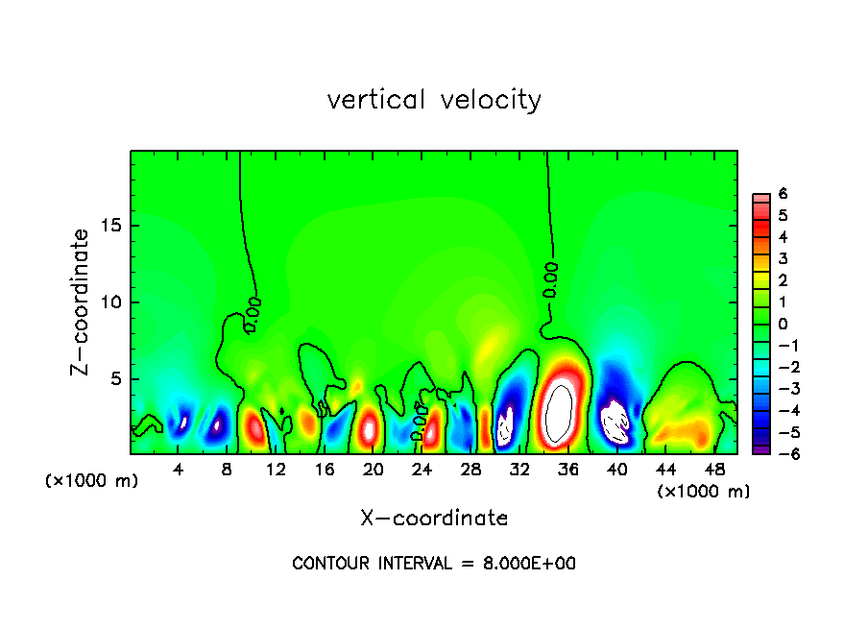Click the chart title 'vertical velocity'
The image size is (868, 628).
click(x=434, y=100)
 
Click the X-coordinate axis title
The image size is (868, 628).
click(x=434, y=519)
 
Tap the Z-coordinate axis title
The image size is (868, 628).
click(x=81, y=302)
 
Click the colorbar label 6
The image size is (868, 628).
click(x=783, y=193)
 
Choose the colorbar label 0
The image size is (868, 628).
click(x=783, y=324)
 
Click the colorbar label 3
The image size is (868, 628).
click(x=783, y=258)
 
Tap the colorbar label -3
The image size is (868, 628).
click(x=781, y=389)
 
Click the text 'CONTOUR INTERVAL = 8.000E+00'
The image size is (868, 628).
click(x=434, y=564)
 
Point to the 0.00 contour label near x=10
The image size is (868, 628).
click(x=253, y=314)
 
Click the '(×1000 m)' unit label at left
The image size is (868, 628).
click(x=92, y=480)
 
